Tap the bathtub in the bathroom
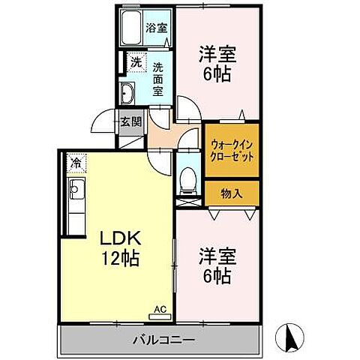[132, 29]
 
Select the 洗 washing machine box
[136, 63]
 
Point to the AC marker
[159, 307]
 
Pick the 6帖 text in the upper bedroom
[215, 74]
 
